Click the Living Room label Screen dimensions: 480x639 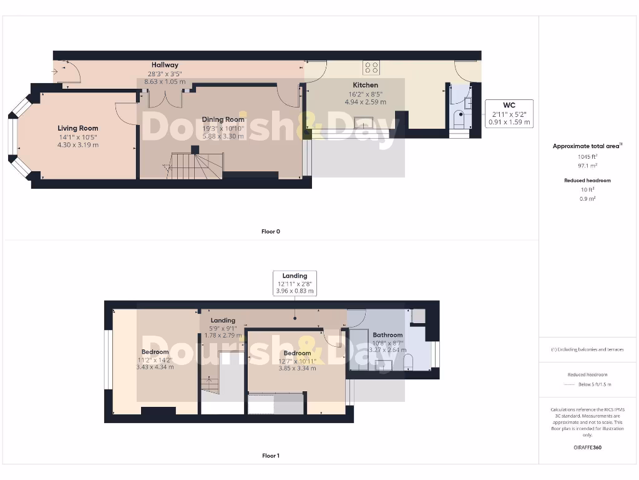pyautogui.click(x=79, y=128)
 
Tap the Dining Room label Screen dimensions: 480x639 pyautogui.click(x=223, y=119)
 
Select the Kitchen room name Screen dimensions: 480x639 pyautogui.click(x=366, y=85)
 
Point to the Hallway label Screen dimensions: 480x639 pyautogui.click(x=165, y=65)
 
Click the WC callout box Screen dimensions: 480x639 pyautogui.click(x=509, y=113)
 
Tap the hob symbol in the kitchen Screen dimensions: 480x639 pyautogui.click(x=372, y=67)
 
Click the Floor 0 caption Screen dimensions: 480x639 pyautogui.click(x=271, y=231)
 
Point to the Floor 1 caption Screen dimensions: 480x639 pyautogui.click(x=271, y=456)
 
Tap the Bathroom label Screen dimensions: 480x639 pyautogui.click(x=388, y=335)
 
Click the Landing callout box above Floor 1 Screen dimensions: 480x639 pyautogui.click(x=295, y=283)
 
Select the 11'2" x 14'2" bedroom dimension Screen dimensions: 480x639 pyautogui.click(x=155, y=359)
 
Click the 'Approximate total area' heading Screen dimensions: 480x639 pyautogui.click(x=587, y=146)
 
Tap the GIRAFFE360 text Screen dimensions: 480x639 pyautogui.click(x=587, y=447)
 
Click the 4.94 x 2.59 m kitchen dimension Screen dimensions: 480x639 pyautogui.click(x=366, y=101)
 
